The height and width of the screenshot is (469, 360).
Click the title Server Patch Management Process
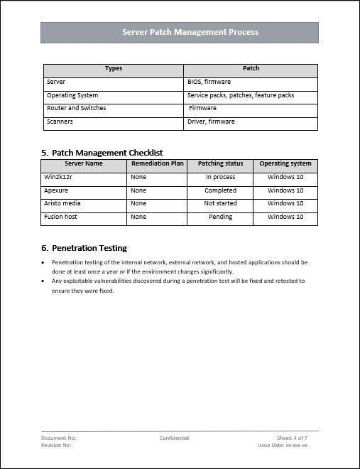[x=180, y=32]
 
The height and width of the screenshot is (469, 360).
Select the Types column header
[x=114, y=69]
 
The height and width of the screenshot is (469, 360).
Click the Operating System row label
[x=72, y=95]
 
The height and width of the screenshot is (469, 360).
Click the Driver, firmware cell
[x=211, y=122]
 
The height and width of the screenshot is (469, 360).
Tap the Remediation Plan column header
[x=158, y=163]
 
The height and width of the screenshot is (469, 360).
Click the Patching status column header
[x=220, y=163]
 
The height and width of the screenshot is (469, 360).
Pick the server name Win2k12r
[x=60, y=177]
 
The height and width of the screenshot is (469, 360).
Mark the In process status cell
[x=220, y=177]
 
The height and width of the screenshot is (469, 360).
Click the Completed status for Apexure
[x=220, y=190]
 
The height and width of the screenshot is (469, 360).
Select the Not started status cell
[x=220, y=203]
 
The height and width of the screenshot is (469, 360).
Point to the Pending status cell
[x=220, y=217]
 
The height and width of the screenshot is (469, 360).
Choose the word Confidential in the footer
[x=174, y=438]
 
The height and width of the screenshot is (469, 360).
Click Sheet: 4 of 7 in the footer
[x=292, y=438]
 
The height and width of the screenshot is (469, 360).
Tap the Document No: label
[x=59, y=438]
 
